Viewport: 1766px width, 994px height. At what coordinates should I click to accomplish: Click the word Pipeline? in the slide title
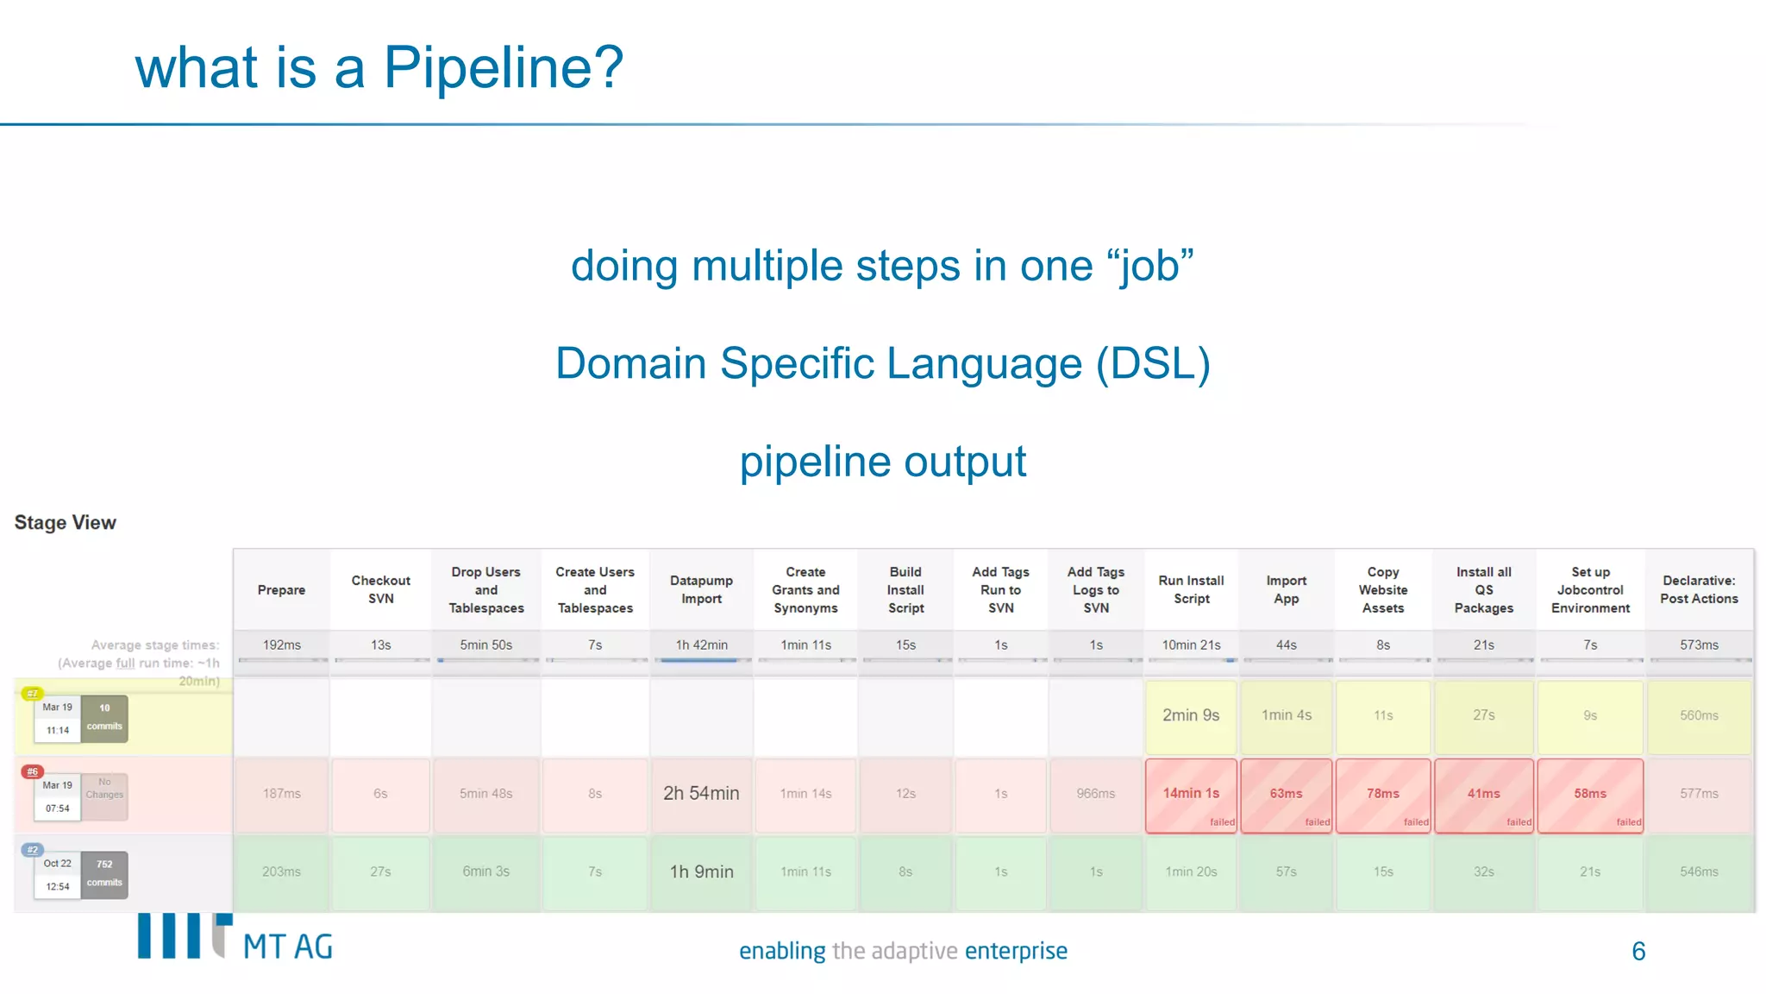[x=503, y=68]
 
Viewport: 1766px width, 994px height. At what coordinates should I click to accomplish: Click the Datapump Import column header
[x=701, y=589]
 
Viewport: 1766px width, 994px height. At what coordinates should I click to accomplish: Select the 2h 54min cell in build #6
[x=701, y=793]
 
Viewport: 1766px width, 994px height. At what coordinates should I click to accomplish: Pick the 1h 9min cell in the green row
[x=701, y=871]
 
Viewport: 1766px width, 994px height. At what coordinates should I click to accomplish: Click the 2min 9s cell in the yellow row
[x=1191, y=715]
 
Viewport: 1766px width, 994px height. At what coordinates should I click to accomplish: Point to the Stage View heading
[x=66, y=523]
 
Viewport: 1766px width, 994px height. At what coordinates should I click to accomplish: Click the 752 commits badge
[x=104, y=873]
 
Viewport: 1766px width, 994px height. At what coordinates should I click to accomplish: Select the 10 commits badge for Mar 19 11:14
[x=104, y=717]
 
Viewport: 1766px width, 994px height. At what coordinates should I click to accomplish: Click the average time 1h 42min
[x=701, y=645]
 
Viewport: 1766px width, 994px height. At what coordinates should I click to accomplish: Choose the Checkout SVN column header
[x=380, y=589]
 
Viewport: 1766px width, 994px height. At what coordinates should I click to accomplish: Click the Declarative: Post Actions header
[x=1699, y=589]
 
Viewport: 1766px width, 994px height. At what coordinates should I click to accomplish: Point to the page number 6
[x=1638, y=951]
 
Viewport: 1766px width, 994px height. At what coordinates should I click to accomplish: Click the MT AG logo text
[x=288, y=947]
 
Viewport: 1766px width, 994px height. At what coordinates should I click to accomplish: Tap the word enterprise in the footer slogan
[x=1016, y=951]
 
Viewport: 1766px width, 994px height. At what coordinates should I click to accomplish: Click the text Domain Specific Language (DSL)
[x=883, y=363]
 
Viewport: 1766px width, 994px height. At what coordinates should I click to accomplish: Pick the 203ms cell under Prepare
[x=281, y=871]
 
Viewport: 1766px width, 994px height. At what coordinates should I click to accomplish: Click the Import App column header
[x=1286, y=589]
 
